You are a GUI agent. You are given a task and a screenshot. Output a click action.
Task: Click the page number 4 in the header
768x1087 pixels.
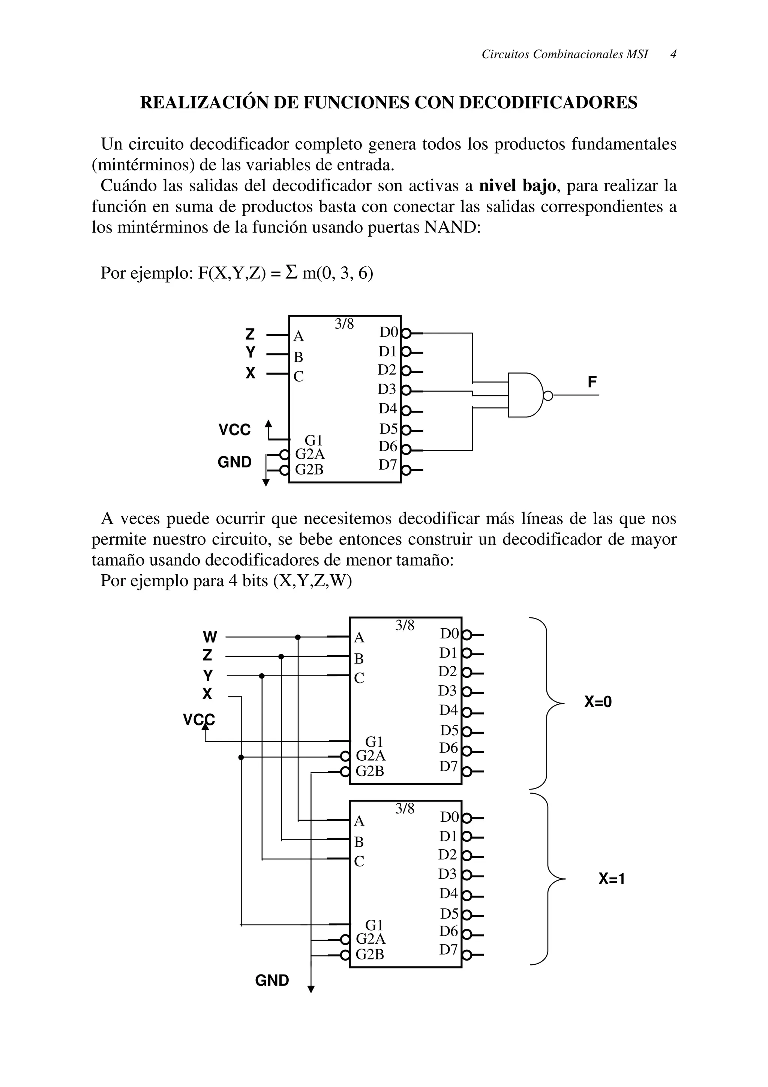click(673, 54)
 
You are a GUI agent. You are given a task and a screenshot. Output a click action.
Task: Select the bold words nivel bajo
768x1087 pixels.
click(517, 186)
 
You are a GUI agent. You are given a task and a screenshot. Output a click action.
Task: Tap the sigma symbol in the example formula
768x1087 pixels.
click(292, 273)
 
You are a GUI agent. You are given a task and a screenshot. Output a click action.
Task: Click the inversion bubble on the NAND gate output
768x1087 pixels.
click(548, 396)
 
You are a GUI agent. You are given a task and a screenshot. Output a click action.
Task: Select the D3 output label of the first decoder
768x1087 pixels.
click(387, 389)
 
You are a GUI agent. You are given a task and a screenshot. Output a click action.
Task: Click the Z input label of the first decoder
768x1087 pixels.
click(250, 335)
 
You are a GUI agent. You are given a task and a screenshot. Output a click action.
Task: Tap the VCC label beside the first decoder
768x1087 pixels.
click(235, 430)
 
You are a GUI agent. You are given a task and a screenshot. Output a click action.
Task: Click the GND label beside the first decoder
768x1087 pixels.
click(235, 462)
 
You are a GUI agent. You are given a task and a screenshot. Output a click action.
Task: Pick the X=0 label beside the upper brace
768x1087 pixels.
click(598, 702)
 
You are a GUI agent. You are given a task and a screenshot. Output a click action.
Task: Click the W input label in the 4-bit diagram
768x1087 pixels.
click(210, 637)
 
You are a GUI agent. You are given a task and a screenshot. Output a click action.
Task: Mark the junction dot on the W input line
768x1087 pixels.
click(298, 637)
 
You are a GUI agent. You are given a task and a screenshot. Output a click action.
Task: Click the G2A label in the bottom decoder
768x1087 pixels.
click(370, 938)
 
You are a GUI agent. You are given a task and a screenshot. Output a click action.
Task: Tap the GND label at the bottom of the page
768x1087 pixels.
click(272, 980)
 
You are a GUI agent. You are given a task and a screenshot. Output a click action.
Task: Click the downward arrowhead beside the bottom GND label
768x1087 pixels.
click(311, 989)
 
